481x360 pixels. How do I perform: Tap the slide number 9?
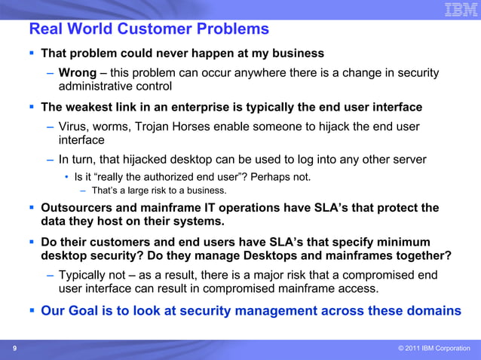(x=14, y=349)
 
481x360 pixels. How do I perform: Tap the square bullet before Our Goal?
(x=31, y=310)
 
